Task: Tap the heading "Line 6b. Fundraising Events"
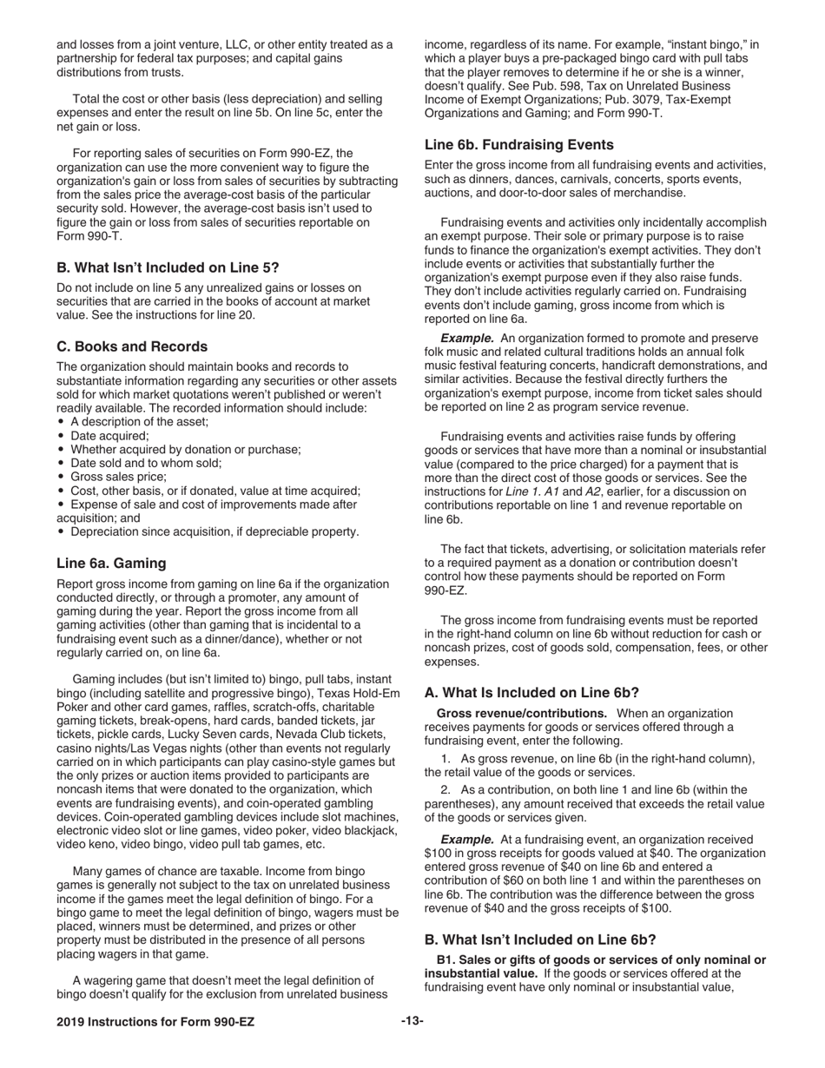(x=519, y=144)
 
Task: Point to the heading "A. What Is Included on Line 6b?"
(x=531, y=692)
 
